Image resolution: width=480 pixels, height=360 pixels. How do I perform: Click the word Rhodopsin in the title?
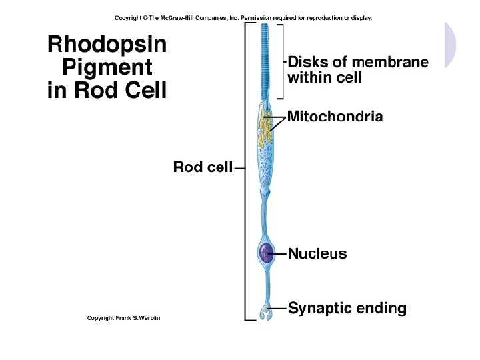pos(107,45)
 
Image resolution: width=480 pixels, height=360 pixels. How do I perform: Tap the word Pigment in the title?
pos(107,67)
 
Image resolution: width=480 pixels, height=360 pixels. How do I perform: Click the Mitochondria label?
pos(335,117)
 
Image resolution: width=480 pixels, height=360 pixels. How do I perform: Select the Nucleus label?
pos(317,254)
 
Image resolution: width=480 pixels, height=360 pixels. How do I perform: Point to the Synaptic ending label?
pos(347,309)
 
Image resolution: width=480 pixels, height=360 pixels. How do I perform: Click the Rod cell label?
pos(203,167)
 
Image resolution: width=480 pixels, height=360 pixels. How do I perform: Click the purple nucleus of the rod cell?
pos(266,253)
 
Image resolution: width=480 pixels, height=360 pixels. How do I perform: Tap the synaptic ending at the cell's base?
pos(266,312)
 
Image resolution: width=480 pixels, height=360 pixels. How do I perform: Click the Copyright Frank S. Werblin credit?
pos(123,318)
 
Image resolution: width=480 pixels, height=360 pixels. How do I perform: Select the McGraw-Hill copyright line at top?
pos(243,18)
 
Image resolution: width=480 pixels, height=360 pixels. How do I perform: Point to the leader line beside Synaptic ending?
pos(280,309)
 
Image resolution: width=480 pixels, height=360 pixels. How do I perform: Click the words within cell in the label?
pos(324,77)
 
